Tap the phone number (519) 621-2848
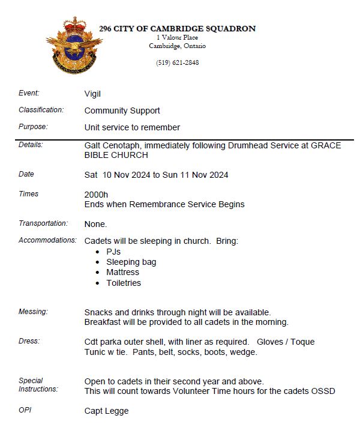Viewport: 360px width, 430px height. point(177,62)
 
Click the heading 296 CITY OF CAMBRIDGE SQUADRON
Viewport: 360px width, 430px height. point(177,28)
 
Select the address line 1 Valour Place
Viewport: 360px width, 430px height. point(177,37)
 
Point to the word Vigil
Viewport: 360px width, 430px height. point(92,94)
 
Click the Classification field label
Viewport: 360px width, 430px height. point(41,111)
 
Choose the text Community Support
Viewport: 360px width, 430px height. point(122,111)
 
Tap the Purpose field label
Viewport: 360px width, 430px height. point(33,127)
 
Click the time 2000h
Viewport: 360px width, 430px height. point(96,195)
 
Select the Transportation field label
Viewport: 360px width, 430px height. point(43,223)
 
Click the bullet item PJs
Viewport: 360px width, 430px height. point(113,252)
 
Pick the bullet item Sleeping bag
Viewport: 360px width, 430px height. point(131,262)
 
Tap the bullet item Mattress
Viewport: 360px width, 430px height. point(123,272)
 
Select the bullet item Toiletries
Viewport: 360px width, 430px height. point(124,283)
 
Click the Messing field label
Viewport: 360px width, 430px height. point(33,312)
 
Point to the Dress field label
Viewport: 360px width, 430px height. point(29,341)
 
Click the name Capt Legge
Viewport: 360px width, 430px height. point(106,411)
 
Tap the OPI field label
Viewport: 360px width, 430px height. point(26,411)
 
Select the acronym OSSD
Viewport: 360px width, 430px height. point(323,392)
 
